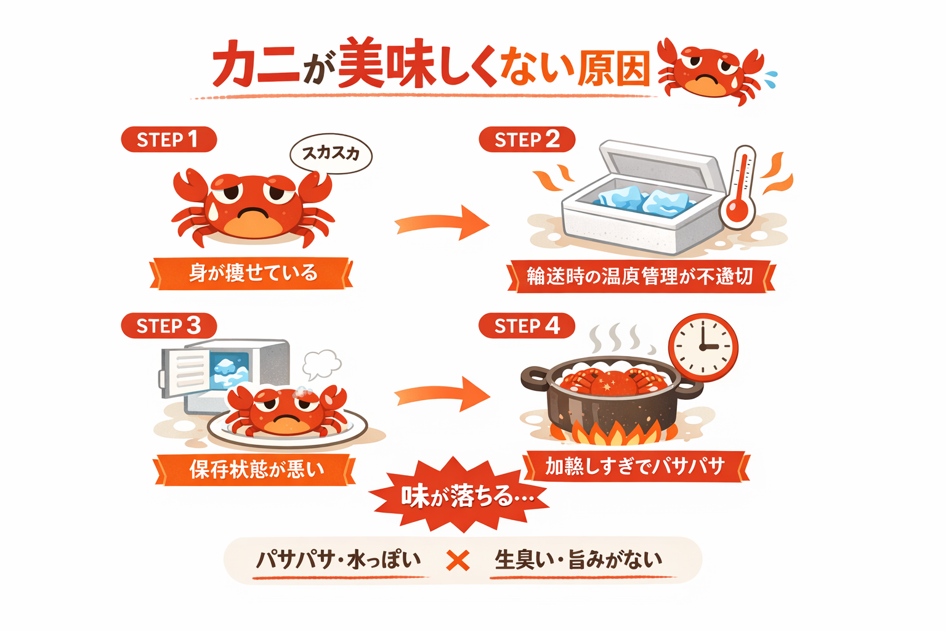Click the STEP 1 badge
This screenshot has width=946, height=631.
click(169, 139)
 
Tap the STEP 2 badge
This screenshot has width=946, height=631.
click(527, 139)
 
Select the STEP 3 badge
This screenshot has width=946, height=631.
click(169, 325)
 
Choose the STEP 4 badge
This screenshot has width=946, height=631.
click(527, 325)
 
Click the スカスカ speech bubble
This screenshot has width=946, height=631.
click(331, 153)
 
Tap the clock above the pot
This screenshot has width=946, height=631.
click(703, 347)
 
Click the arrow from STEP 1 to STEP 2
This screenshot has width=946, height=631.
click(442, 223)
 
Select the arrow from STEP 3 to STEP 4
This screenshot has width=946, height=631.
click(442, 394)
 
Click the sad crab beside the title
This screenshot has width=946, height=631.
click(711, 71)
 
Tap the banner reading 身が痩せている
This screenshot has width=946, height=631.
click(252, 273)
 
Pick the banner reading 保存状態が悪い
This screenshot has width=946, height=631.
click(255, 470)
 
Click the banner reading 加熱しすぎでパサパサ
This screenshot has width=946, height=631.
click(635, 466)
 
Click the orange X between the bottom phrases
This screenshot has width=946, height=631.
click(458, 560)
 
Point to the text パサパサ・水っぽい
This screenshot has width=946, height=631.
click(338, 560)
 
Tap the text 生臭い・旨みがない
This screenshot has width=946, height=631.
click(578, 560)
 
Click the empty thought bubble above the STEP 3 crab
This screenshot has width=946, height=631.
click(321, 364)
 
